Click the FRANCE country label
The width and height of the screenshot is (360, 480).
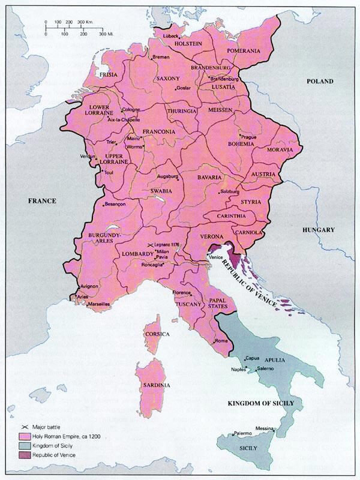pyautogui.click(x=41, y=201)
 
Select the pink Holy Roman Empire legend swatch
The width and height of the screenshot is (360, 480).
pyautogui.click(x=25, y=435)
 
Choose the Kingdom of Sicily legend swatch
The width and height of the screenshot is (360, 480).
pyautogui.click(x=25, y=445)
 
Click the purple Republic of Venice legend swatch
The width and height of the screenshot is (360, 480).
pyautogui.click(x=25, y=455)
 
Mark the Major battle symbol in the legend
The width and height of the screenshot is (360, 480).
pyautogui.click(x=25, y=425)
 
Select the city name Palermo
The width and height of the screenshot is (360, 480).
pyautogui.click(x=242, y=432)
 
